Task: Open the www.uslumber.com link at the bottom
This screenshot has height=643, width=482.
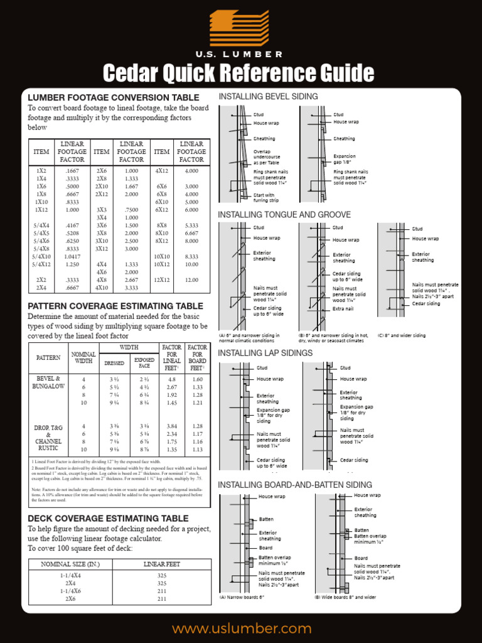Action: point(242,629)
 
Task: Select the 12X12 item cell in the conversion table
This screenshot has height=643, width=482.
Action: point(162,279)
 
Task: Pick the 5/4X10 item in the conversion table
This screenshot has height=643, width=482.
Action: point(41,256)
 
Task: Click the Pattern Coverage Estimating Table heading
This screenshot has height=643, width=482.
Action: point(115,306)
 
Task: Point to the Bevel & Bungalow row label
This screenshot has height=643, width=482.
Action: point(48,382)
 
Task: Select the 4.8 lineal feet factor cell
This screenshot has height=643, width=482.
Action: point(171,379)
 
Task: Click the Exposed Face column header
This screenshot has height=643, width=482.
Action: point(144,363)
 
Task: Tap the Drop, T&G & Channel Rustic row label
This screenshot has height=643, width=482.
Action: point(48,438)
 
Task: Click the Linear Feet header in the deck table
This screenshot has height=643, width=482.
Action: point(162,564)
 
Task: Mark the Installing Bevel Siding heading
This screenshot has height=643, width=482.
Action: point(268,96)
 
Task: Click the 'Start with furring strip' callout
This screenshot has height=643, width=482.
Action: point(264,198)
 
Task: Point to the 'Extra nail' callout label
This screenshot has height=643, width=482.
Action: point(343,309)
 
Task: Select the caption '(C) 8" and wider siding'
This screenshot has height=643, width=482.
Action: point(402,335)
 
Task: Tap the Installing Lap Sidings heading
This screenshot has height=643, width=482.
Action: point(265,353)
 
